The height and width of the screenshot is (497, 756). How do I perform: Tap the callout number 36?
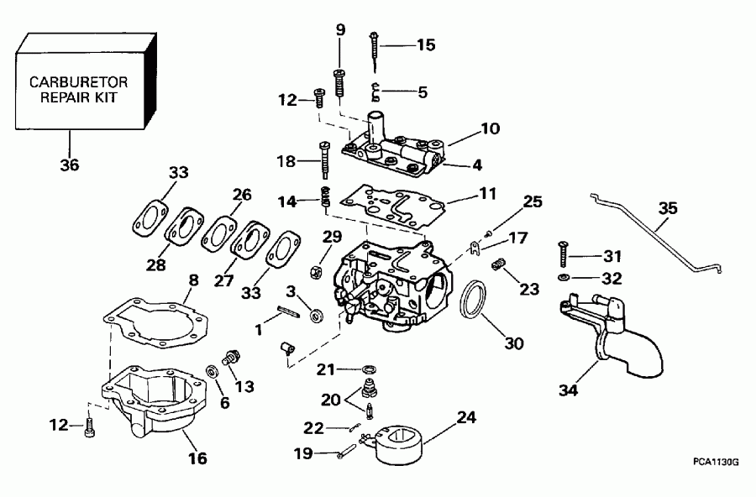click(70, 165)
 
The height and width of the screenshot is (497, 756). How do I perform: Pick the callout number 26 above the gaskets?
click(242, 196)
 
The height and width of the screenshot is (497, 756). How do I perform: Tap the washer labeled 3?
click(318, 316)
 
